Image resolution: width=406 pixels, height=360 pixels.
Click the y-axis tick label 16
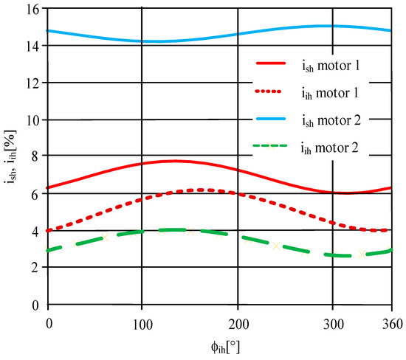[34, 10]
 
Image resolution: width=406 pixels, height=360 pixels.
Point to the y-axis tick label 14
[34, 46]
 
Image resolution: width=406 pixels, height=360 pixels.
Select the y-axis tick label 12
[34, 83]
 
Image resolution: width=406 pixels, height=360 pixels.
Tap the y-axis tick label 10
[34, 120]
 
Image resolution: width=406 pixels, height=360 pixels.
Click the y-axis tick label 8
[37, 156]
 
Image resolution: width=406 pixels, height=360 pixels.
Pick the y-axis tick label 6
[37, 193]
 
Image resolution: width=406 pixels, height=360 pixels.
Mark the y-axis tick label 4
[37, 230]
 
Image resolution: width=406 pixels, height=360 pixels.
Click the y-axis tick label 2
[37, 267]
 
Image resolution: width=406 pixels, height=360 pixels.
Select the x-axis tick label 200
[238, 323]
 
